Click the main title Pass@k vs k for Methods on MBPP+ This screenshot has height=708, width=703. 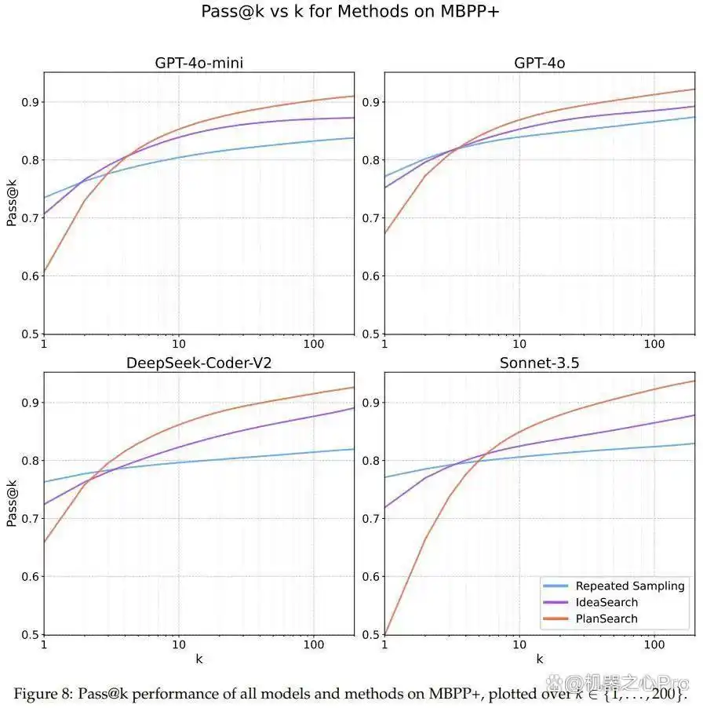coord(351,12)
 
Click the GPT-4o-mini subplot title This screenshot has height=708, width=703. coord(199,63)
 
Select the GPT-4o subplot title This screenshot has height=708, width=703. coord(539,63)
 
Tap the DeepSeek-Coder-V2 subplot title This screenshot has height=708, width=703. coord(199,363)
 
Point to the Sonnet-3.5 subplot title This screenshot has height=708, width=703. coord(539,363)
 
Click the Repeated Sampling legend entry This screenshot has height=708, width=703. coord(630,586)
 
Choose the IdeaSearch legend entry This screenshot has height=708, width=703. coord(606,602)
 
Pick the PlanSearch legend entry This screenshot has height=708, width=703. coord(606,619)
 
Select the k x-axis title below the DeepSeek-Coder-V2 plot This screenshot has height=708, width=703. coord(199,659)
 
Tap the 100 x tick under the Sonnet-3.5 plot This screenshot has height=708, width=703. coord(654,644)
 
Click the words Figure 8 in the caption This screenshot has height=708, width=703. coord(46,694)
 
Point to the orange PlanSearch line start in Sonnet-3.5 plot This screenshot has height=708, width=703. coord(385,633)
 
